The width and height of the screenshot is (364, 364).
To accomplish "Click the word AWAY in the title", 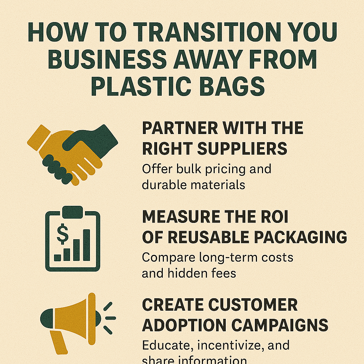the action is click(x=209, y=59).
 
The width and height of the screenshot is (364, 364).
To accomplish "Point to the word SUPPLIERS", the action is click(x=242, y=149).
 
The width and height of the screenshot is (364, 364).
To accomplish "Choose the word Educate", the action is click(x=168, y=345).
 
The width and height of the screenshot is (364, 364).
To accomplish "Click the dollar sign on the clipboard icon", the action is click(x=63, y=234).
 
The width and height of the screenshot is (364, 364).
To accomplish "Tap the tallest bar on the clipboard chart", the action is click(x=87, y=245).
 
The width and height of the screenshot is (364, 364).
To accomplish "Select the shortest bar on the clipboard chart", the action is click(x=58, y=258).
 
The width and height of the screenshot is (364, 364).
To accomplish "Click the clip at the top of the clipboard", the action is click(x=73, y=212).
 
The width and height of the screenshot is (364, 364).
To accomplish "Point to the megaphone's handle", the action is click(x=58, y=343).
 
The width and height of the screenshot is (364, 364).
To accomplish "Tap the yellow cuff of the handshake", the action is click(x=39, y=138).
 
